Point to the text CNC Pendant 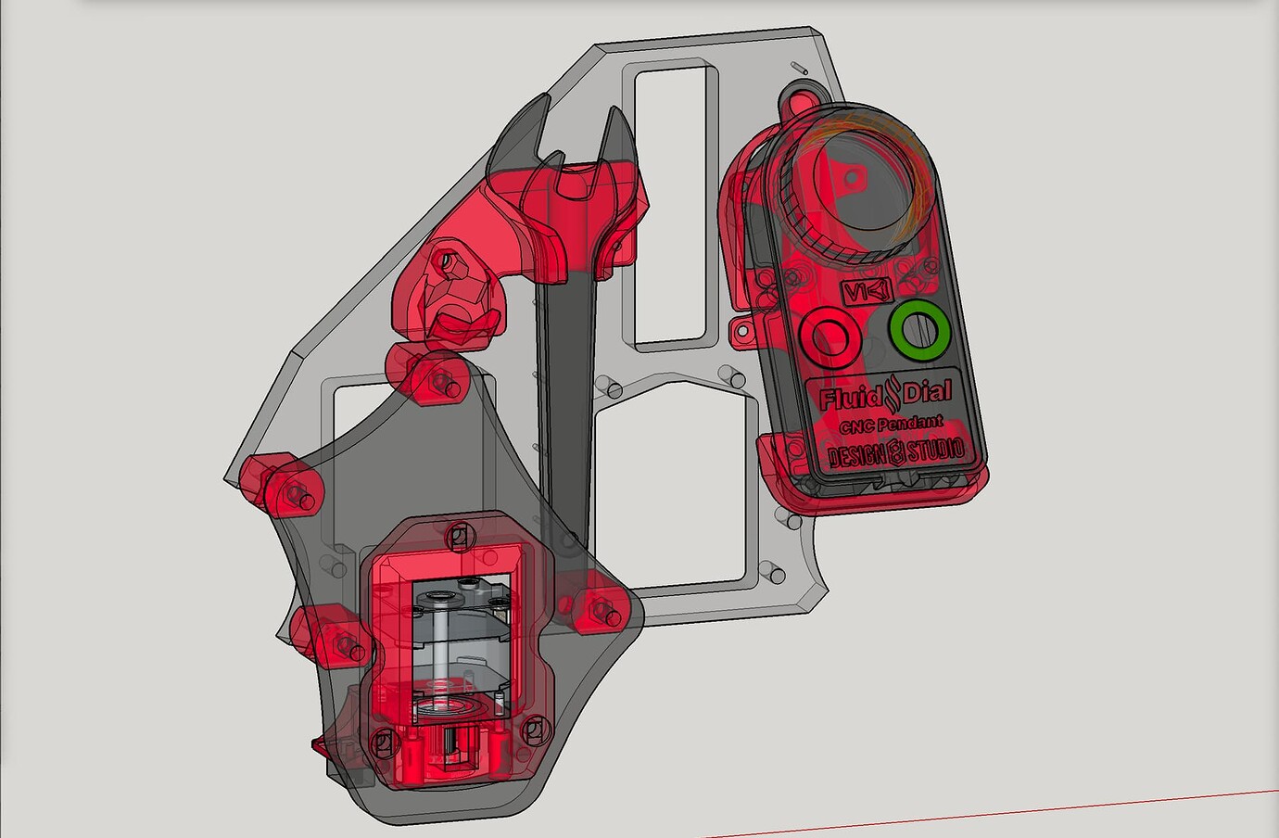click(x=891, y=425)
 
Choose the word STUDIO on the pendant click(x=936, y=451)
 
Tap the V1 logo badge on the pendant click(x=867, y=292)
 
